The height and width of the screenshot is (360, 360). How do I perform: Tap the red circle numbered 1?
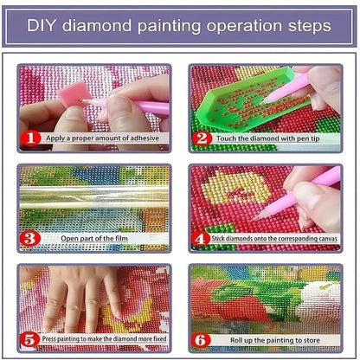coord(30,138)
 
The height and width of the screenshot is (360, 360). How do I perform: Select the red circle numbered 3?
coord(30,237)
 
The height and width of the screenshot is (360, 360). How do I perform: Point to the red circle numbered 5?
coord(30,338)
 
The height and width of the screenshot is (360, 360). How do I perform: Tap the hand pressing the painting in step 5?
coord(82,299)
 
